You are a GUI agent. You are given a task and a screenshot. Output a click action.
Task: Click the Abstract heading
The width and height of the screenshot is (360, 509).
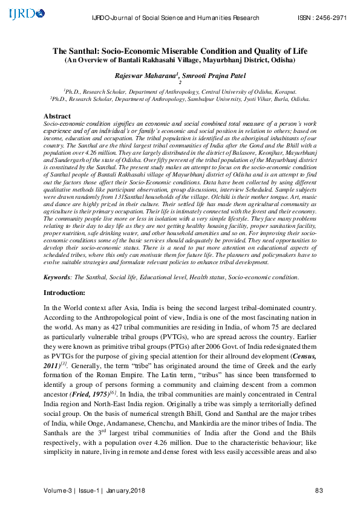pos(57,115)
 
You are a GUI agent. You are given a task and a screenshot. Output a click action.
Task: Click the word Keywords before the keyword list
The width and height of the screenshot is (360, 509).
pos(56,277)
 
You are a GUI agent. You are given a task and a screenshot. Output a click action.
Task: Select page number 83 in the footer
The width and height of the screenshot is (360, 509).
pos(319,490)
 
